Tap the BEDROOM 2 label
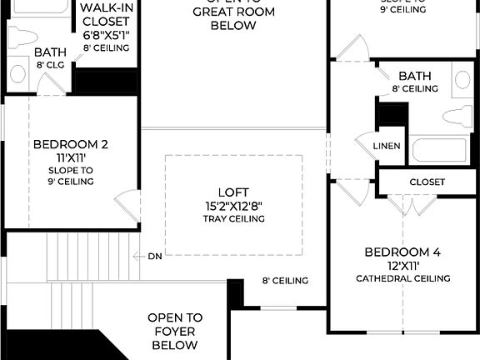(x=71, y=144)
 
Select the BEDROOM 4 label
(x=402, y=252)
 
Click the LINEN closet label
(x=387, y=146)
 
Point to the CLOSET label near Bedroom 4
(x=427, y=182)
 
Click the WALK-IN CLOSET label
(x=105, y=21)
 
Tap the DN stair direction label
(x=155, y=256)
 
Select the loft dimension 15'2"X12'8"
(x=233, y=205)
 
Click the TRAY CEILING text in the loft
(x=233, y=219)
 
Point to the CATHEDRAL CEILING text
(x=402, y=278)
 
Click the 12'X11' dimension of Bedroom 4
(x=402, y=265)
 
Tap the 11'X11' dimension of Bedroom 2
(x=71, y=157)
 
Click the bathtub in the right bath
(x=439, y=150)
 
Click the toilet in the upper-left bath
(x=22, y=37)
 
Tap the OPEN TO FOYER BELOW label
(x=175, y=331)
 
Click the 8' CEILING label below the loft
(x=285, y=281)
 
